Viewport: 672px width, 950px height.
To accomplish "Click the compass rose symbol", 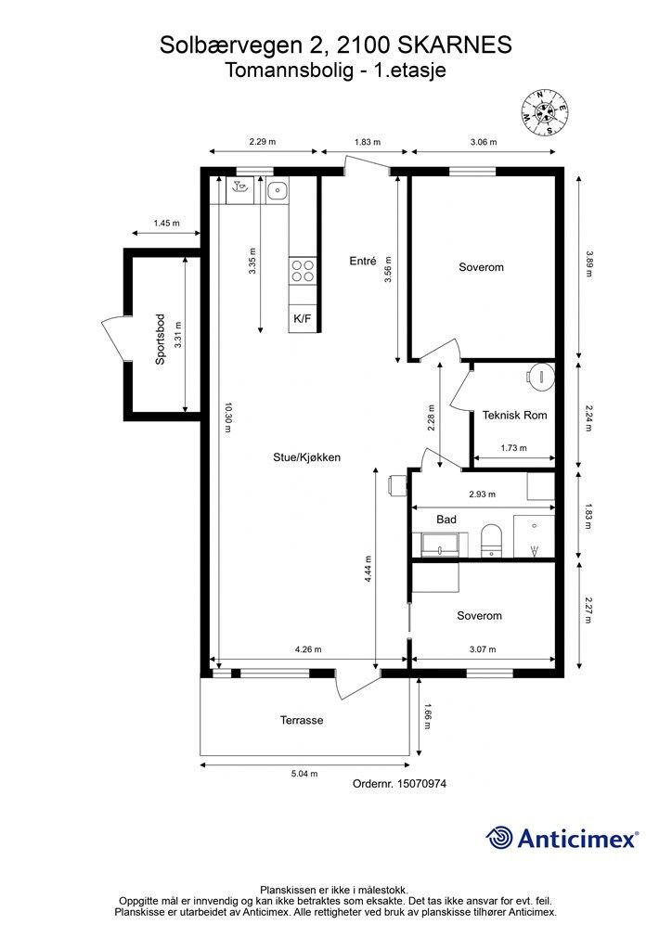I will [x=546, y=112].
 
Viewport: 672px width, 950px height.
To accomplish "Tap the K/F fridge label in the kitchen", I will [x=302, y=319].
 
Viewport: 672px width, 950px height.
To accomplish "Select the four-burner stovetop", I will [x=303, y=270].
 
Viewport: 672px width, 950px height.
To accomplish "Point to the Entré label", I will [x=362, y=262].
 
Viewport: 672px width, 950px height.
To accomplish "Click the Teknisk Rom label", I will [x=514, y=416].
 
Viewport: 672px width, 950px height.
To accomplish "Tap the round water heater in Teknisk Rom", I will [x=540, y=376].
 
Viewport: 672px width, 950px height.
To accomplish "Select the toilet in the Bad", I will [x=491, y=541].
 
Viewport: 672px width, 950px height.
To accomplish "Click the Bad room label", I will [x=446, y=520].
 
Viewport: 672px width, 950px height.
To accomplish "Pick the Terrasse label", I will [x=302, y=720].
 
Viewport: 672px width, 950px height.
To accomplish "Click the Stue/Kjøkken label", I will [x=306, y=457].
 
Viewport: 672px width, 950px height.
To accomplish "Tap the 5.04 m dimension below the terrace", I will [x=305, y=773].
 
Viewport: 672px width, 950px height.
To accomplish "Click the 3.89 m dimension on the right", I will [x=588, y=257].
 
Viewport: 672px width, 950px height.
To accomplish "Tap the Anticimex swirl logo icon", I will [x=500, y=839].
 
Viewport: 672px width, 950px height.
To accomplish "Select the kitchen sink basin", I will [x=277, y=191].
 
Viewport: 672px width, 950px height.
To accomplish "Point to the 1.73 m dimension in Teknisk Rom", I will [x=513, y=448].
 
